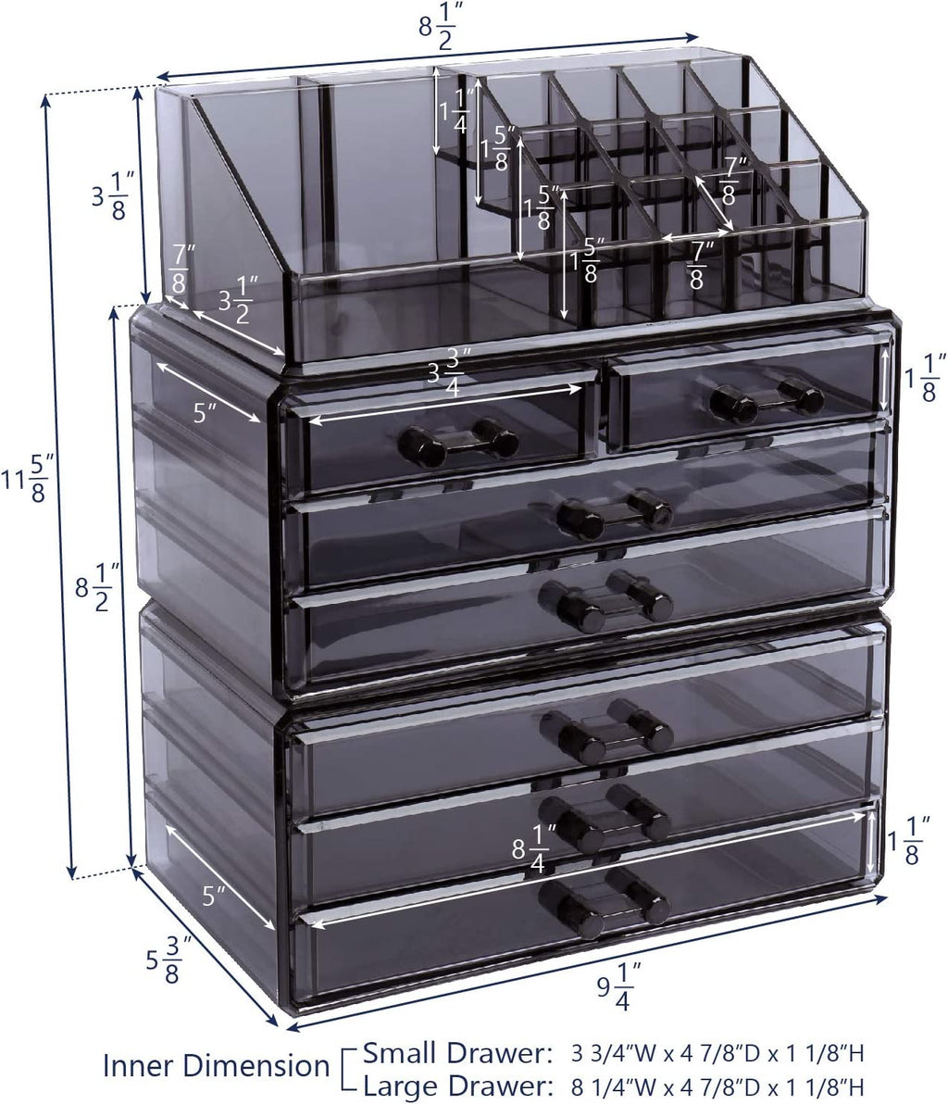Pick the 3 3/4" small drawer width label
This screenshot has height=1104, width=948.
pos(446,379)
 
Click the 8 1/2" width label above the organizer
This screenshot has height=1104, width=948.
pos(439,25)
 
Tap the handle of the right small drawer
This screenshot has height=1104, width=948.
pos(767,398)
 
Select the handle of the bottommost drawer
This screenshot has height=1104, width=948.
pos(604,903)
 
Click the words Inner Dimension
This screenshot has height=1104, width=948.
pos(217,1065)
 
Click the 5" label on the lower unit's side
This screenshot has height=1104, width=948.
pos(213,897)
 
